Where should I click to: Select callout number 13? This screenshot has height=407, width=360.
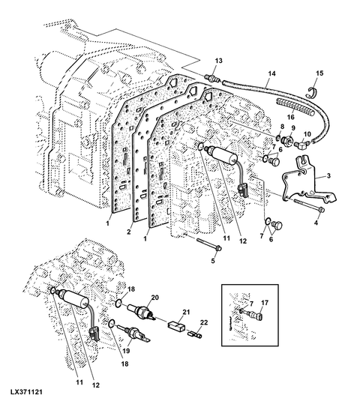click(219, 61)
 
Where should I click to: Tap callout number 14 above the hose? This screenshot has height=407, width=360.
click(271, 73)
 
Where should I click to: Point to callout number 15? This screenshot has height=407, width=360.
click(319, 73)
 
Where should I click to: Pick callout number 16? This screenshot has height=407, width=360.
click(291, 117)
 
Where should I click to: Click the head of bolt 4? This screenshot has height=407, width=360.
click(321, 209)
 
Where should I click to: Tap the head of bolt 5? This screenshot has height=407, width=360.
click(218, 248)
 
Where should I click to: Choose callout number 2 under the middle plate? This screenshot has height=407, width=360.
click(128, 232)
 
